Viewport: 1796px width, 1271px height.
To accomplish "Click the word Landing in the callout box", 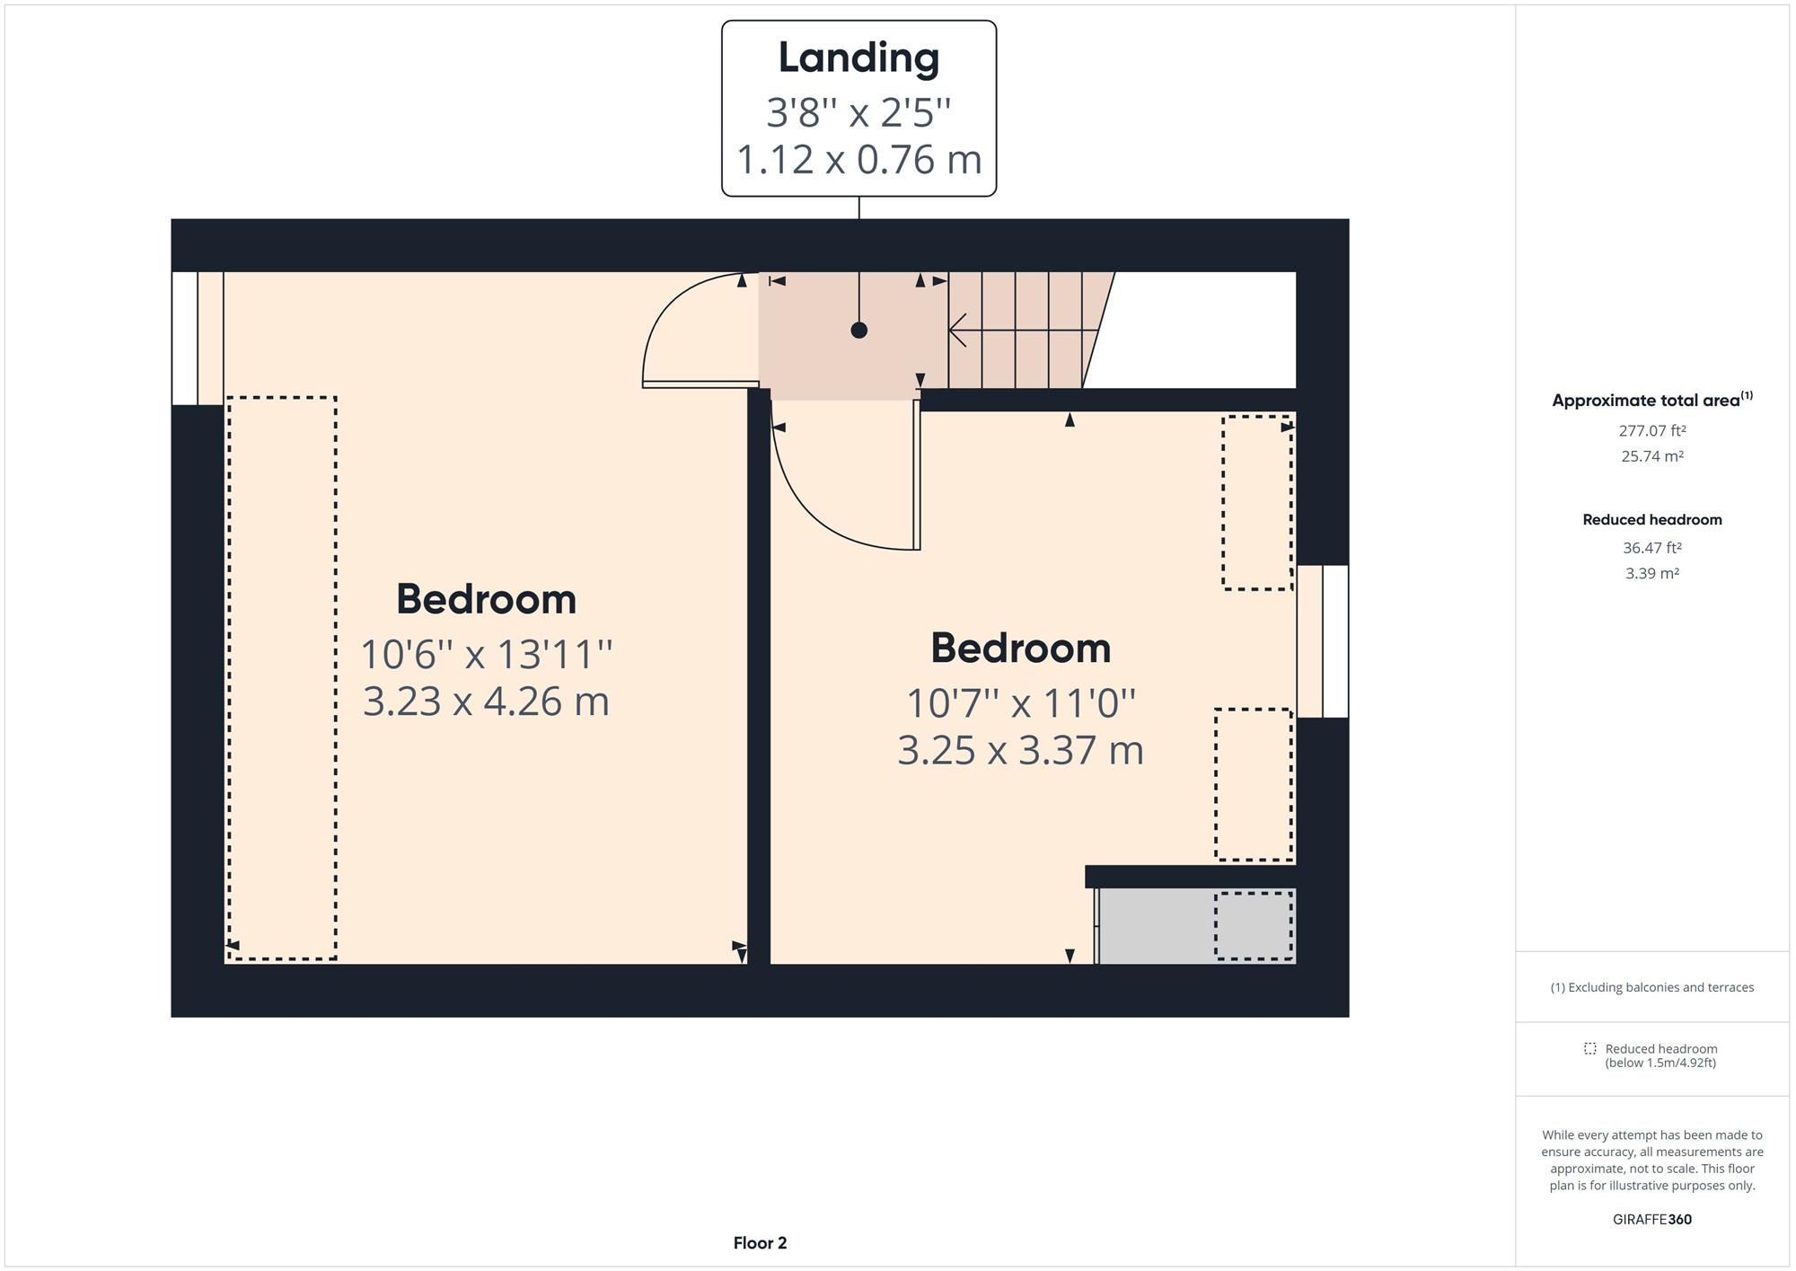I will (858, 58).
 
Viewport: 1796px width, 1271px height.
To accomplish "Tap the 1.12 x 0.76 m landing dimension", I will (858, 160).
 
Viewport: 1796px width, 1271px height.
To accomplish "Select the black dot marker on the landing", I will (858, 331).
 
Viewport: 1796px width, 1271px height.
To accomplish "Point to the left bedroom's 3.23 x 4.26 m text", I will (486, 702).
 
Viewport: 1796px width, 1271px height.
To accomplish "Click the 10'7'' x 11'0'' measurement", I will (1021, 703).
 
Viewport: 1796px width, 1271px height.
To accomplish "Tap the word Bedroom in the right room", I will (1020, 649).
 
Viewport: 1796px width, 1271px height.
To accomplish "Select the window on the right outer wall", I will (1323, 641).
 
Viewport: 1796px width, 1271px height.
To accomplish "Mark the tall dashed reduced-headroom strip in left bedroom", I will (282, 678).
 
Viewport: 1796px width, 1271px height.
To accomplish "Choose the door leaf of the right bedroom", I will (917, 475).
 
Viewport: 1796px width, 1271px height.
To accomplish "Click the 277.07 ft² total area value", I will (1651, 431).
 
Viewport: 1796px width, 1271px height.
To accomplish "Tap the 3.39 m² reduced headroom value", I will (1651, 573).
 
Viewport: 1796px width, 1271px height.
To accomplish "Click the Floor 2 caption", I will (760, 1243).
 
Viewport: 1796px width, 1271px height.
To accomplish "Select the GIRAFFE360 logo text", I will (1651, 1220).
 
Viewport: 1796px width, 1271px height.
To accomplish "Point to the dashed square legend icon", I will (1589, 1049).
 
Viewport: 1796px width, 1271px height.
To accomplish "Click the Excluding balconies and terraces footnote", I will (1651, 987).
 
